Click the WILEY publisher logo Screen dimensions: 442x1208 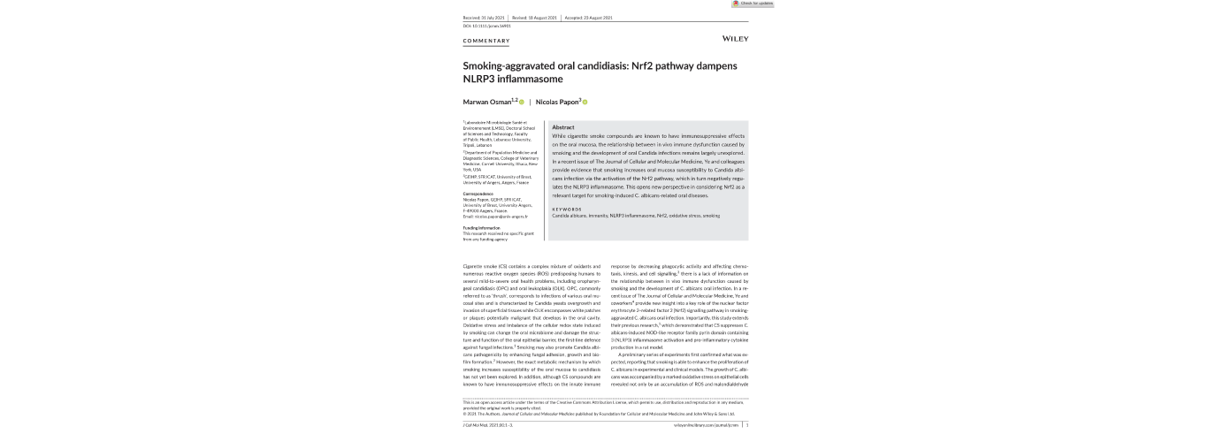[x=735, y=39]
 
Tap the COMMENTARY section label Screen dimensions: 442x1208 [x=486, y=42]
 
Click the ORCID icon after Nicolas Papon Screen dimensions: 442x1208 [x=585, y=102]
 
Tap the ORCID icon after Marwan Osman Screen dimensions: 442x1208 [x=522, y=102]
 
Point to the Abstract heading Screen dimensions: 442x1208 [x=563, y=127]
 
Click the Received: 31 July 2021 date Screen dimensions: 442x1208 [x=483, y=17]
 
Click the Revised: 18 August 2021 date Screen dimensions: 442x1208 [x=535, y=17]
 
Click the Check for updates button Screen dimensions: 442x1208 [x=753, y=4]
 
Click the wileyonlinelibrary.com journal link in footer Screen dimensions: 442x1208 [x=707, y=424]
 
